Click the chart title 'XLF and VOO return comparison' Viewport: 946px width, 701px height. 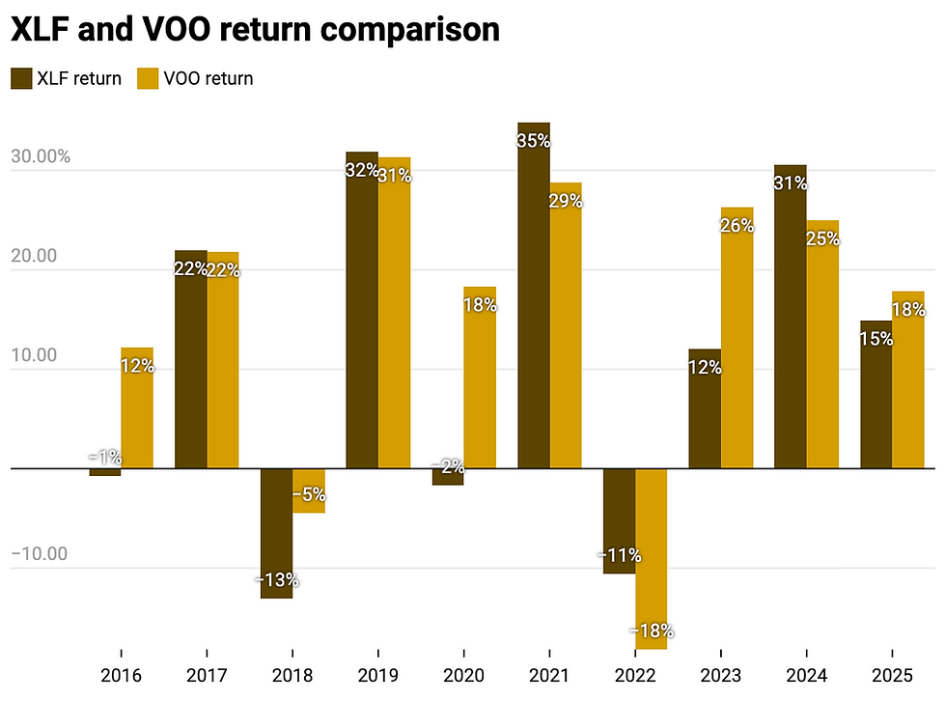click(255, 29)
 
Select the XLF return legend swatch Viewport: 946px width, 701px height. click(21, 78)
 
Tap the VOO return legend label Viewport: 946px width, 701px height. click(208, 78)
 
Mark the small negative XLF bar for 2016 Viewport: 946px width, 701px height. click(105, 472)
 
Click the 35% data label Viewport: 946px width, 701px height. click(533, 140)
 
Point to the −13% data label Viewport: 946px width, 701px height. click(277, 580)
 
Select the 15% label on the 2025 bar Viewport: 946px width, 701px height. click(876, 340)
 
